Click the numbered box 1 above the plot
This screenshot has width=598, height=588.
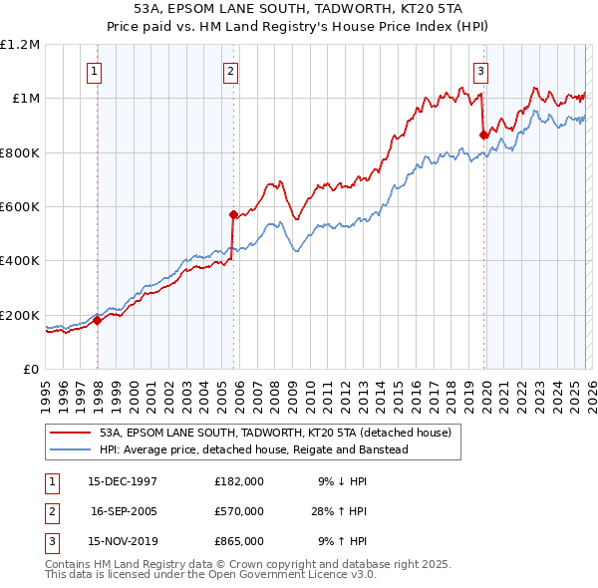pos(94,71)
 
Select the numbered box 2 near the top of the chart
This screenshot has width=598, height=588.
pos(230,71)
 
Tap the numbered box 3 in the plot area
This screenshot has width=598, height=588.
pos(480,71)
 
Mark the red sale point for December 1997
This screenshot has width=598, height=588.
pos(98,320)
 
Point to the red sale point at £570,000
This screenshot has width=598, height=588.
pos(233,214)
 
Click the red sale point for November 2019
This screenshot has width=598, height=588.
pos(483,135)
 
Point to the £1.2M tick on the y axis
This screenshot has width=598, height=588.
pos(20,45)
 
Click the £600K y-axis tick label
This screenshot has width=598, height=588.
pos(20,207)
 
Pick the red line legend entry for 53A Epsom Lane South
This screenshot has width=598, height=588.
pos(275,434)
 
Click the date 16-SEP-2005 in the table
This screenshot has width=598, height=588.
pos(126,511)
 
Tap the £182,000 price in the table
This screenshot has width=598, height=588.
pos(238,480)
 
